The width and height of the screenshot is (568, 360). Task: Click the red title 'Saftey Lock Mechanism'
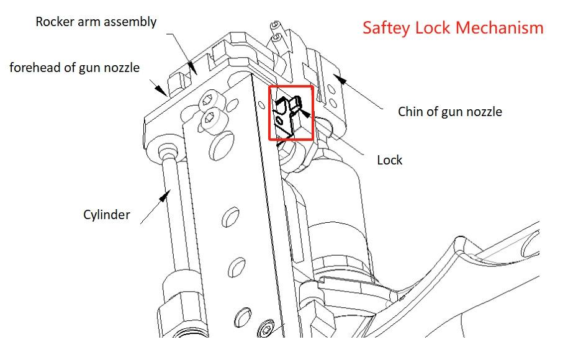click(453, 29)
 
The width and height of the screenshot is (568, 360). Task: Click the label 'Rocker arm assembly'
click(96, 22)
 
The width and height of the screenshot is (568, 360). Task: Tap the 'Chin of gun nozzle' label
click(449, 112)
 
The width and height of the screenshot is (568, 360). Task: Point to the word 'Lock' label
click(390, 160)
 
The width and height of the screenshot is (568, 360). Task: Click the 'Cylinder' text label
click(107, 215)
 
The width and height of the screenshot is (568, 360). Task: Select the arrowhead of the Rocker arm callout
click(193, 65)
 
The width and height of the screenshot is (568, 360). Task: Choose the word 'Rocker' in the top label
click(55, 22)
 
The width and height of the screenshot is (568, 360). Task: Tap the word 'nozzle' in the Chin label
click(484, 112)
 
